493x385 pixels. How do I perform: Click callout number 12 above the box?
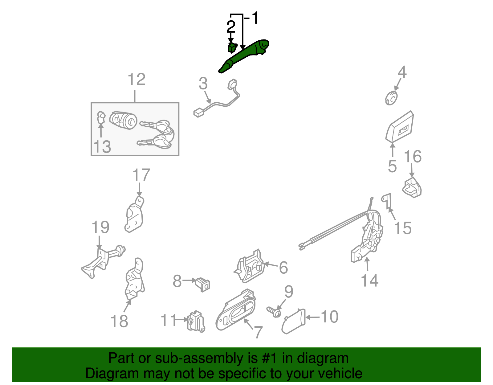pos(136,80)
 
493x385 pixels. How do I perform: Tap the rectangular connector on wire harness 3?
pos(198,113)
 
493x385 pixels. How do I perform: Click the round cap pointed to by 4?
pos(391,98)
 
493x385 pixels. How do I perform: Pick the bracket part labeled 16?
pos(412,187)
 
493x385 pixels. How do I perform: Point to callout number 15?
pos(402,228)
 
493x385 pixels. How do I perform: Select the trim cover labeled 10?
pos(293,321)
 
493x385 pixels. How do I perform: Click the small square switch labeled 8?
pos(202,284)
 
